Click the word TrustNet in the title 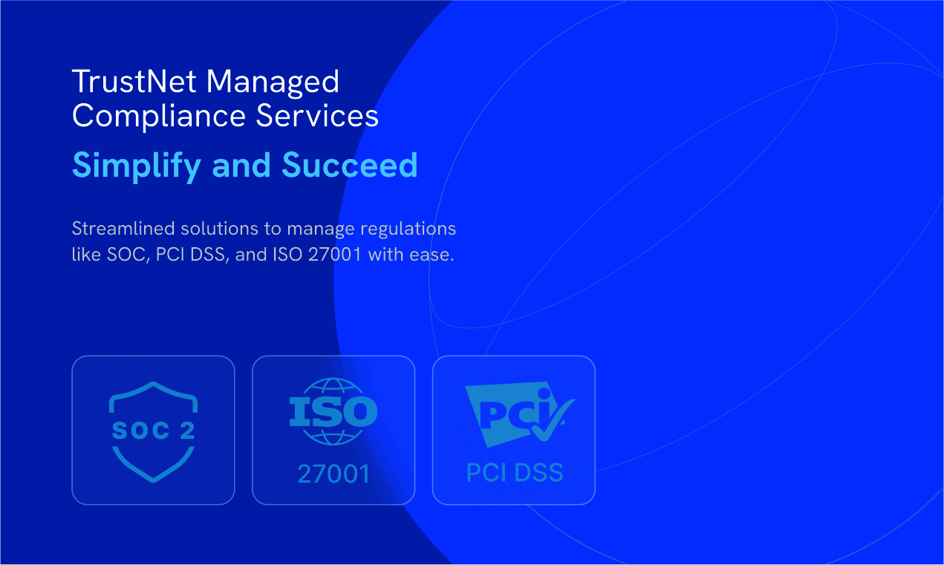(134, 81)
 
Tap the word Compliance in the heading (159, 117)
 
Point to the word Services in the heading (317, 115)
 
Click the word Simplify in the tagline (137, 166)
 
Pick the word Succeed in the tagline (350, 165)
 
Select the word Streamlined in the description (123, 229)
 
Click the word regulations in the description (408, 229)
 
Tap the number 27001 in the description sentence (335, 255)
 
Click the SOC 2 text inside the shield (154, 431)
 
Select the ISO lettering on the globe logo (333, 411)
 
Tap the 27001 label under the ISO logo (333, 474)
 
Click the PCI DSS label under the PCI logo (515, 472)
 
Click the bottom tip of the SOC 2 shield (154, 481)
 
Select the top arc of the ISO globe (333, 380)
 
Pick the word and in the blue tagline (241, 165)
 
